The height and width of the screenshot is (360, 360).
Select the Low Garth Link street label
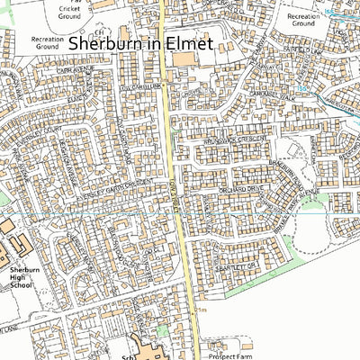140,88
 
